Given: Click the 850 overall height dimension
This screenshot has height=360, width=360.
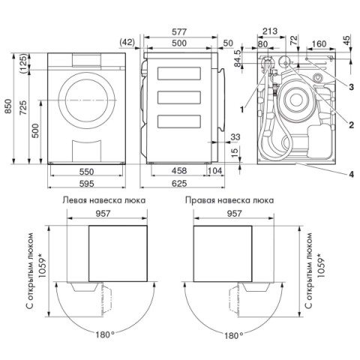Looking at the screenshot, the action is [9, 106].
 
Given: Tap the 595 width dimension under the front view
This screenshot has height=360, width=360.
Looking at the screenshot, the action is [86, 184].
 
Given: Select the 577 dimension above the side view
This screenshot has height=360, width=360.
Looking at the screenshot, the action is [179, 32].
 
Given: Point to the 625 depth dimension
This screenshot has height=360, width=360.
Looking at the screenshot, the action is [179, 184].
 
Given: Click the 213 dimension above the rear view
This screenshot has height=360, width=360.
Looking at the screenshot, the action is [270, 31].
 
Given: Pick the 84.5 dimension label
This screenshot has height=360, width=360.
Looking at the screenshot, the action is [238, 58].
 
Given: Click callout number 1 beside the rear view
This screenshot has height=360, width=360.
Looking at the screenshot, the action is [241, 109].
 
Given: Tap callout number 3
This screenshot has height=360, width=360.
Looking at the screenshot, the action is [351, 87].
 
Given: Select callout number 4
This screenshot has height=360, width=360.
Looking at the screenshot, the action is [351, 174].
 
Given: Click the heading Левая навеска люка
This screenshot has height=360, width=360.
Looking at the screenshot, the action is [104, 200].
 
